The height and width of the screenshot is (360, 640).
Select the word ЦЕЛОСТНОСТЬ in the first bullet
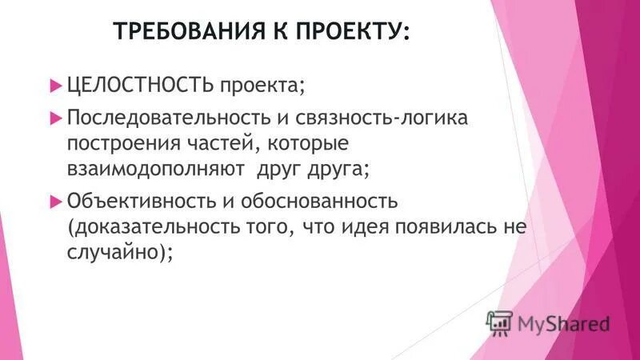click(141, 84)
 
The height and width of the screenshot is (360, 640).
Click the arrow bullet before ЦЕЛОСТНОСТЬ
click(55, 84)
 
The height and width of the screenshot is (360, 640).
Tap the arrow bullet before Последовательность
click(55, 118)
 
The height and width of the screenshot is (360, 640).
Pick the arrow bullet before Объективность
click(55, 200)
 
